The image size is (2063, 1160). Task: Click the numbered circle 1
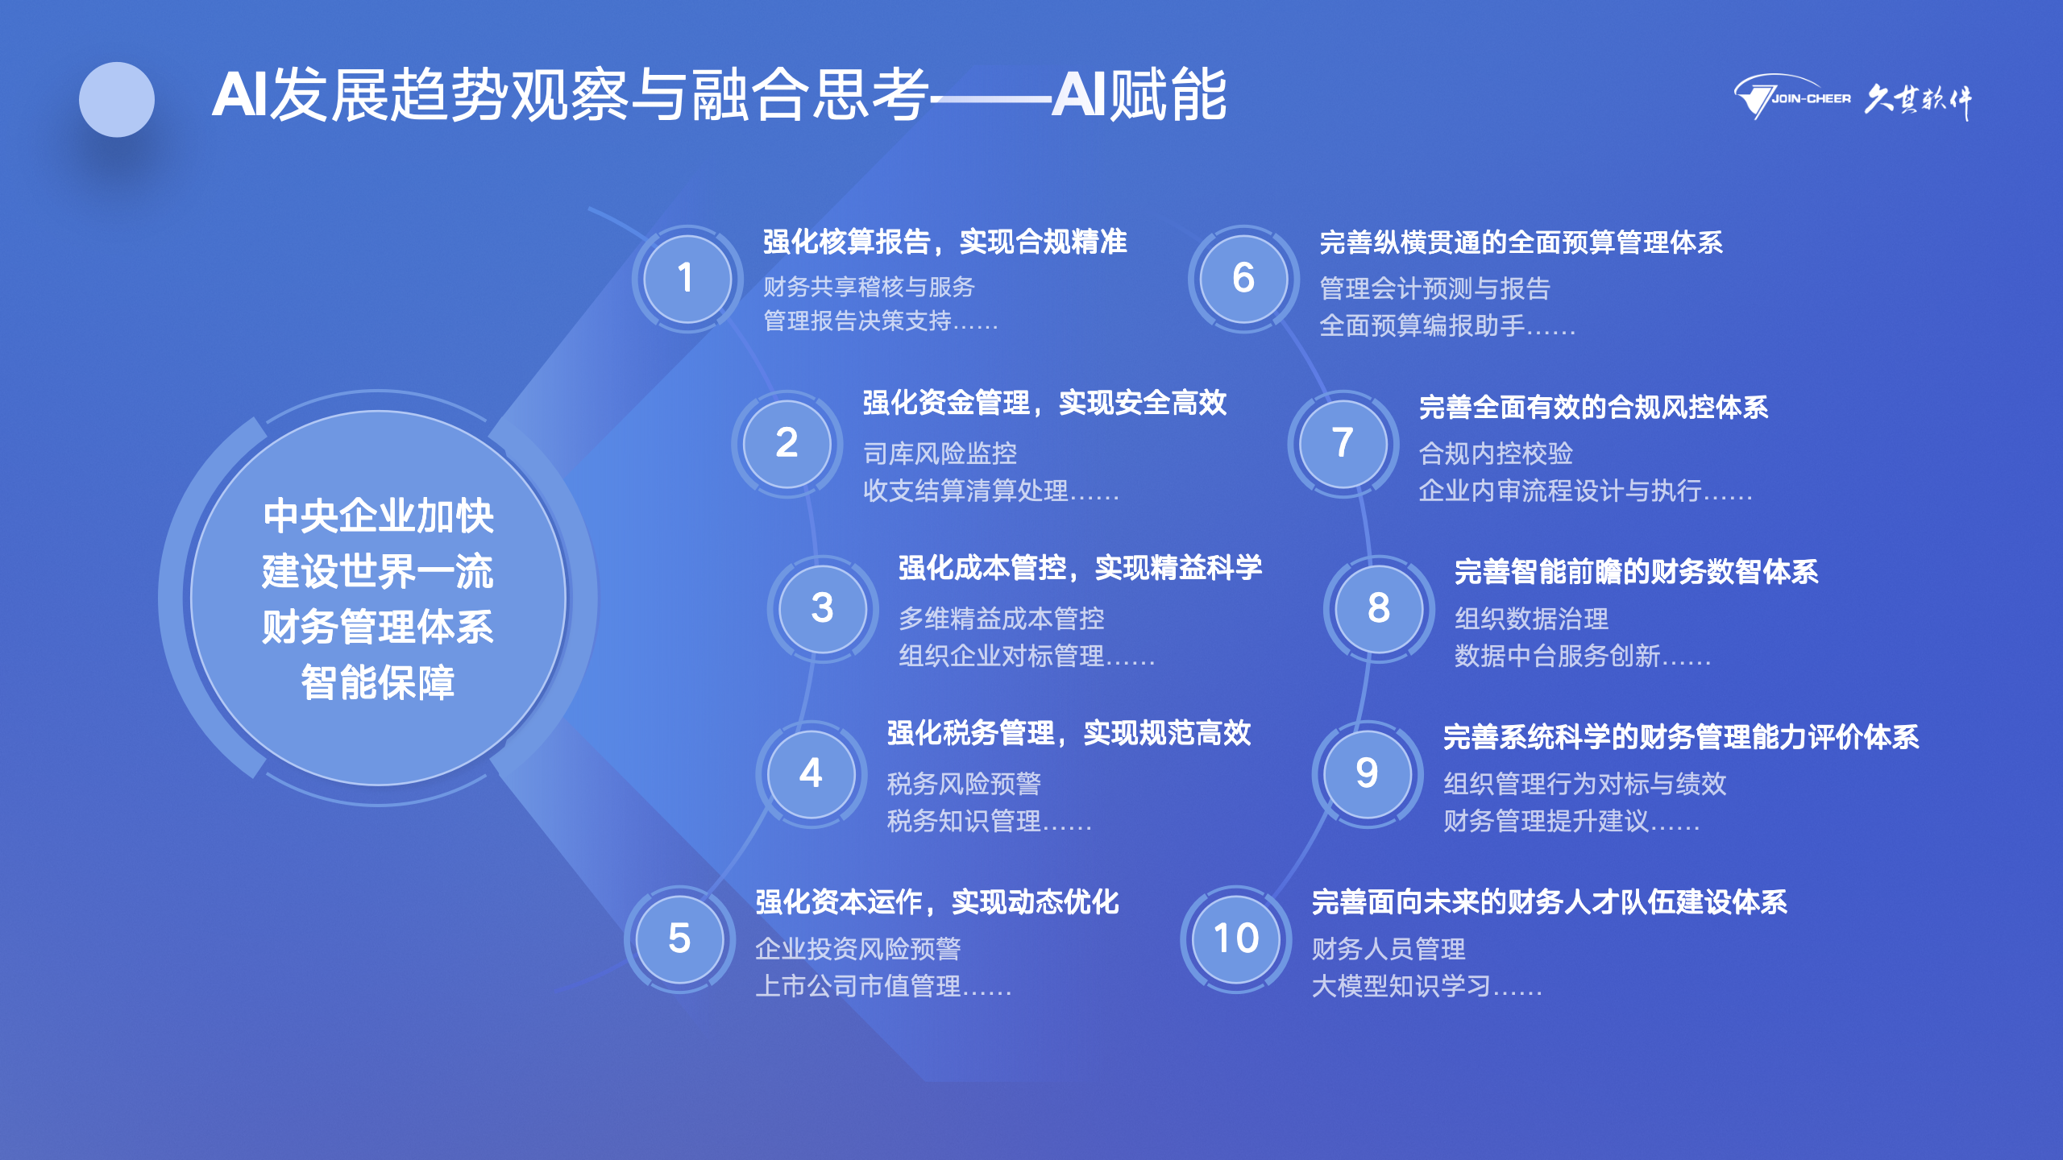coord(687,279)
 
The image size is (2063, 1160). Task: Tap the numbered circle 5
coord(679,938)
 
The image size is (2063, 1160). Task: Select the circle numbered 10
coord(1235,938)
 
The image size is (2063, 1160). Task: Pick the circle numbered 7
coord(1343,443)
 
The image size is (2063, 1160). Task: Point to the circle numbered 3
coord(822,608)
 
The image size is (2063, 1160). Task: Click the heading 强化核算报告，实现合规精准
coord(944,242)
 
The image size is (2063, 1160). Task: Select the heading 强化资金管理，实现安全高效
coord(1044,403)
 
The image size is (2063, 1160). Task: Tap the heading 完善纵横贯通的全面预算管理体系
coord(1521,242)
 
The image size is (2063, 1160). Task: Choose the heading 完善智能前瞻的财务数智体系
coord(1636,572)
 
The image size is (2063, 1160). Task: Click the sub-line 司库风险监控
coord(940,454)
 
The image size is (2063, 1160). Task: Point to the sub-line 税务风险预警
coord(964,783)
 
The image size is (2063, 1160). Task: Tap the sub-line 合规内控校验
coord(1496,454)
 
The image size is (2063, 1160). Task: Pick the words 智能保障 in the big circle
coord(378,683)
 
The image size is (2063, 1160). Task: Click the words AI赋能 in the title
coord(1139,95)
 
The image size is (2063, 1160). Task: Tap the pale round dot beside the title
coord(117,100)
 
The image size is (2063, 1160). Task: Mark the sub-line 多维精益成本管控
coord(1001,619)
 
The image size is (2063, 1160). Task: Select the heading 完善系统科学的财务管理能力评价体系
coord(1681,737)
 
